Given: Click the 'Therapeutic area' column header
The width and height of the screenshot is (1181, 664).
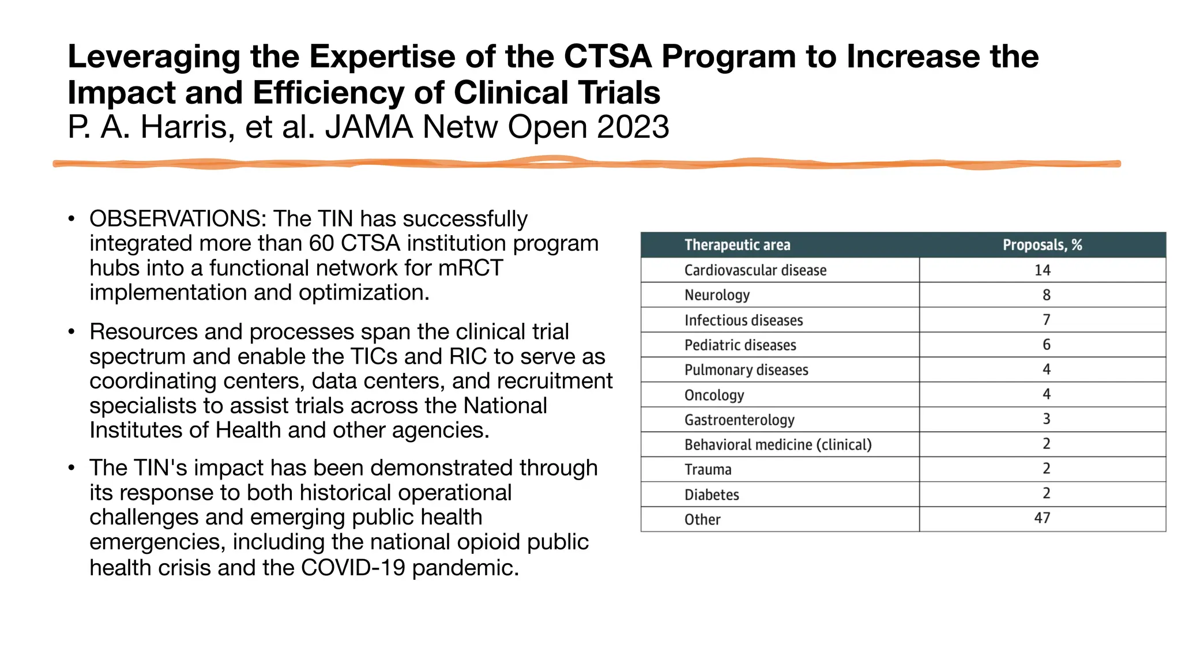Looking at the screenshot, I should click(737, 245).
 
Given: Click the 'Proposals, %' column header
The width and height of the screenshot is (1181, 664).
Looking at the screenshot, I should click(1042, 245).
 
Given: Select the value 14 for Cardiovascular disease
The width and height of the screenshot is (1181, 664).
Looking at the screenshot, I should click(1042, 270).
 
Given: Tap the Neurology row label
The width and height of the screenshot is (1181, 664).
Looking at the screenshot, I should click(717, 295).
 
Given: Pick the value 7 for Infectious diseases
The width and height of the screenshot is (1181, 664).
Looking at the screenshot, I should click(1046, 320).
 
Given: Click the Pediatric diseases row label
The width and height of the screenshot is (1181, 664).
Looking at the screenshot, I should click(740, 345).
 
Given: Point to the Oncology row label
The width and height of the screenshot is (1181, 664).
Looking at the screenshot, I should click(714, 395).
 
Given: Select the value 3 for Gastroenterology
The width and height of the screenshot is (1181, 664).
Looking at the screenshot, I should click(1046, 419).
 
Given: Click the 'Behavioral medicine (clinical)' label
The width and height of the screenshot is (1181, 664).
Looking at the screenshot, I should click(777, 445).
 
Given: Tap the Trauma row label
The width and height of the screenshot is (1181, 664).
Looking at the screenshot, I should click(708, 470).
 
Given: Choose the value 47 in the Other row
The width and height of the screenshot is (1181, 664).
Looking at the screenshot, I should click(1042, 518).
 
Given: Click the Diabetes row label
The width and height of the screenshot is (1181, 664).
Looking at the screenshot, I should click(712, 495).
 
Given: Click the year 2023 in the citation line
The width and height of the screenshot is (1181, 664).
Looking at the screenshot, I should click(633, 127).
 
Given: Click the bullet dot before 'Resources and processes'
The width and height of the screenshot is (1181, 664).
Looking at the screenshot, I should click(72, 332).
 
